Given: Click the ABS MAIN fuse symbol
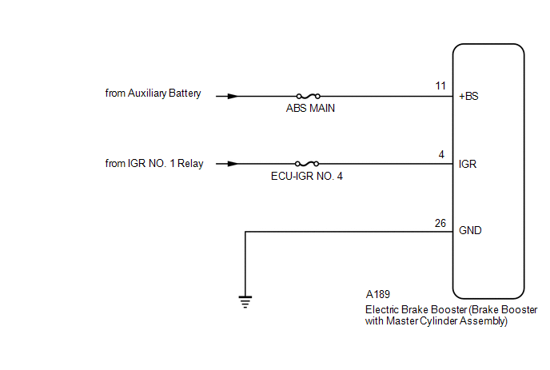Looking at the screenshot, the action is coord(309,96).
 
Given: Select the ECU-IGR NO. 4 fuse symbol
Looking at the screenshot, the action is coord(307,164).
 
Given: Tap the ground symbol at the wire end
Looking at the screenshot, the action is coord(245,302).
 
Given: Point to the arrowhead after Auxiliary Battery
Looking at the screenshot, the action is coord(233,96).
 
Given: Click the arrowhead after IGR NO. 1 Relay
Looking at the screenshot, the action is coord(233,164).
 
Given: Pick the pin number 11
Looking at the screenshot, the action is coord(440,86).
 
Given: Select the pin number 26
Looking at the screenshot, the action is coord(440,224).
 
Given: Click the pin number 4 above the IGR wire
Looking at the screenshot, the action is coord(441,155).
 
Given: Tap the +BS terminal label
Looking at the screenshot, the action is coord(468,97).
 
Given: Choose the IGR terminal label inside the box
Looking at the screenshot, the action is coord(468,164).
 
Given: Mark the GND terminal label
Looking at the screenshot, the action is coord(470,230).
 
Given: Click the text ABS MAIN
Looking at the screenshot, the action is coord(310,109).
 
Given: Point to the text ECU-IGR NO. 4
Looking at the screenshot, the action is coord(307,176).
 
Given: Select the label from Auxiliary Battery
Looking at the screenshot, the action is coord(153,93).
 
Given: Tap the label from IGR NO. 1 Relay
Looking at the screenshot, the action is coord(154,164).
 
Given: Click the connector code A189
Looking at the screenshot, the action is coord(378,294).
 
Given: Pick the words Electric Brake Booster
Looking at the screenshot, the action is coord(416,310).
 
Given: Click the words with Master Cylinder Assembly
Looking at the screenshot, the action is coord(435,321).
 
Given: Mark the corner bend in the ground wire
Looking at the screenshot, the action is coord(245,232).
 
